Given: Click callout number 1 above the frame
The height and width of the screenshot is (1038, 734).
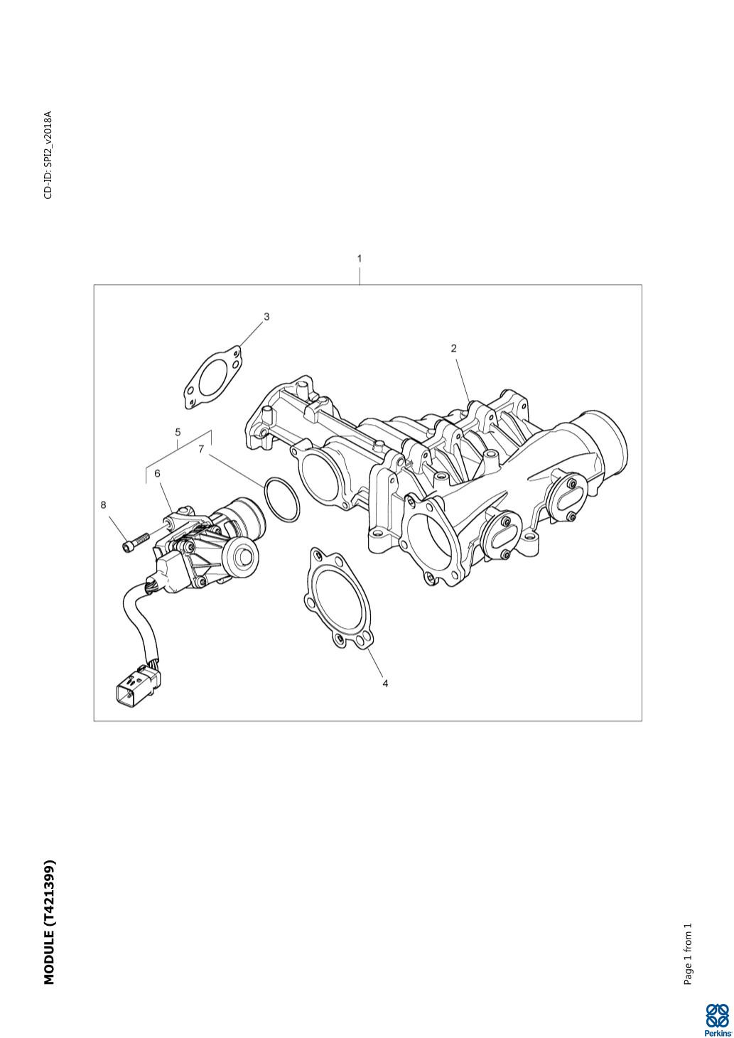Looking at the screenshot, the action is pos(360,259).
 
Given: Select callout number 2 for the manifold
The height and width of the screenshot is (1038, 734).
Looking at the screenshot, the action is pos(453,348).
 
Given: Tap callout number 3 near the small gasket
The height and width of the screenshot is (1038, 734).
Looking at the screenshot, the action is pos(266,316).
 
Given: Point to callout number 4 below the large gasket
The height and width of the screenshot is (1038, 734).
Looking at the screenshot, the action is pos(385,683).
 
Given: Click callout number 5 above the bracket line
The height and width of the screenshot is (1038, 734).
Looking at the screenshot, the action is pos(178,432).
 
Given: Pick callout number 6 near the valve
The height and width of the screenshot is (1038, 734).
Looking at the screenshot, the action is pos(157,473).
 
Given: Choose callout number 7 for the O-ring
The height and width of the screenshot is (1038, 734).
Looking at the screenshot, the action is pos(200,449).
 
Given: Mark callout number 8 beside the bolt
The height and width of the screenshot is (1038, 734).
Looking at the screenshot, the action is pos(103,504).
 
